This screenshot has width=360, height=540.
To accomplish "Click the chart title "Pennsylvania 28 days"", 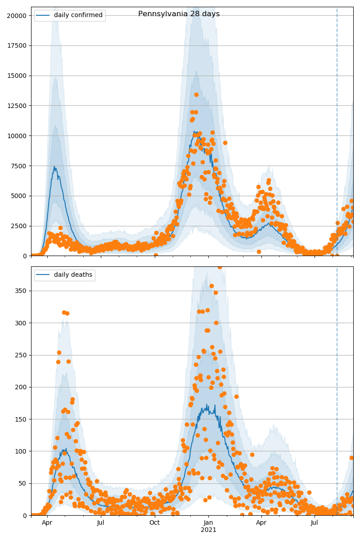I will click(x=179, y=14).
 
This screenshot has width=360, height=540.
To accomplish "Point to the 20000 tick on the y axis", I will click(x=18, y=15).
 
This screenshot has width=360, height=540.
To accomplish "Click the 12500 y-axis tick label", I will click(x=18, y=106).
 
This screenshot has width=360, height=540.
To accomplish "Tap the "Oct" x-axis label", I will click(x=154, y=522).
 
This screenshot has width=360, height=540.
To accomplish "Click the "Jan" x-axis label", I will click(x=208, y=522).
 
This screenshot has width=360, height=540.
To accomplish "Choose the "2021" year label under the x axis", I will click(x=208, y=530).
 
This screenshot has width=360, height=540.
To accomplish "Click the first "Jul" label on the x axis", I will click(x=101, y=522).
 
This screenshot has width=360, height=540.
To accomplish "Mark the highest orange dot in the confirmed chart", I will click(x=196, y=94).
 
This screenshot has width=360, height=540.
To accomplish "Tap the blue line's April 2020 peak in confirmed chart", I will click(x=54, y=166).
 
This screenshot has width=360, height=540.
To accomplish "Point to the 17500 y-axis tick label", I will click(x=18, y=45).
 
